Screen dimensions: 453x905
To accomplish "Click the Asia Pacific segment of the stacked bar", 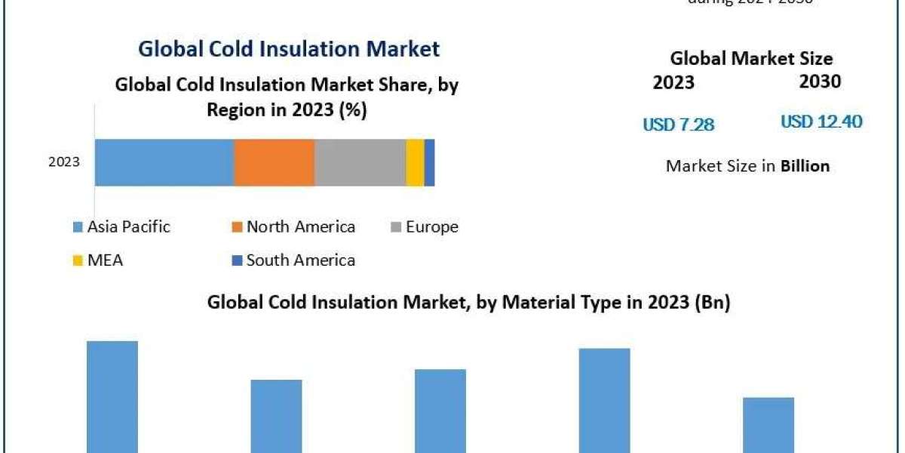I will tap(164, 162).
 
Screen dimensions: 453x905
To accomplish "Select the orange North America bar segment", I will tap(274, 162).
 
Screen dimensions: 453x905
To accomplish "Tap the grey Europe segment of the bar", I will tap(360, 162).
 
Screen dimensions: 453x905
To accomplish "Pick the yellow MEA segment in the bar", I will tap(415, 162).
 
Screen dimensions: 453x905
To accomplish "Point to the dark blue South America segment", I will tap(429, 162).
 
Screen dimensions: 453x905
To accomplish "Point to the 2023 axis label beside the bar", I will tap(64, 162).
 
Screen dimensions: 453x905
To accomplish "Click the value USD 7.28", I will tap(678, 125).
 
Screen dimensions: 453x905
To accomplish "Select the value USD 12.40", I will tap(821, 122).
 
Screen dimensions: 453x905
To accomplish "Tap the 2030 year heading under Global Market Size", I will tap(820, 82).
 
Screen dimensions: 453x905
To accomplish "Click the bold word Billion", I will tap(805, 166).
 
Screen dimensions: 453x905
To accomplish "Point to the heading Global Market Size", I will tap(751, 58).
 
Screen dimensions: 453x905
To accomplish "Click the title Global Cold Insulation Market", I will tap(288, 49).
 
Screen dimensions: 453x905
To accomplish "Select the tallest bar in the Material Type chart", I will tap(112, 396).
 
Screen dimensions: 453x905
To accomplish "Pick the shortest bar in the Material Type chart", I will tap(768, 424).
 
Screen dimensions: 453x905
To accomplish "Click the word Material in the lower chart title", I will tap(534, 303).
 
